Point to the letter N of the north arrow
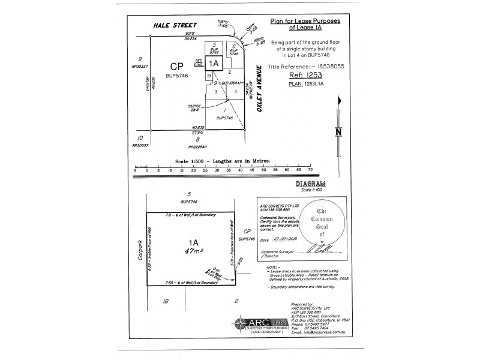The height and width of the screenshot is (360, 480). tap(338, 132)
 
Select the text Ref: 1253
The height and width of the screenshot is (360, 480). tap(306, 76)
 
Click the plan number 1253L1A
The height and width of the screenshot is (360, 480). tap(306, 85)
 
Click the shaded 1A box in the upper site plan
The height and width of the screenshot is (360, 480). tap(214, 62)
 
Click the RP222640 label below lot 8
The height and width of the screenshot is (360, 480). tap(197, 146)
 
